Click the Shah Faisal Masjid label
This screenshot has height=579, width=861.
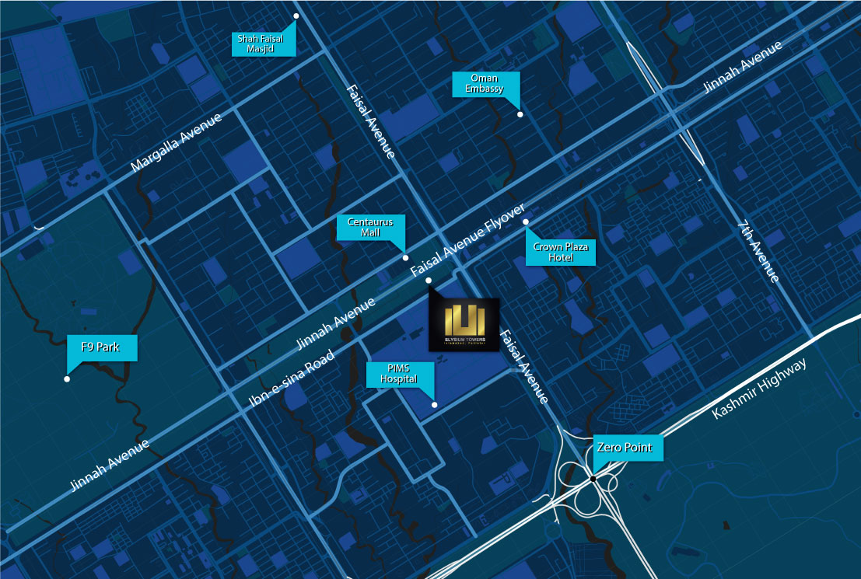(264, 44)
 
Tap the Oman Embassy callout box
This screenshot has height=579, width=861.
(486, 83)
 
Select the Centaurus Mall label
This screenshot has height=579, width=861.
(371, 227)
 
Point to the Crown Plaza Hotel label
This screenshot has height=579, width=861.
(561, 252)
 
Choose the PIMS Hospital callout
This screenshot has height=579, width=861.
(399, 374)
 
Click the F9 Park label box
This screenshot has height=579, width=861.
(103, 347)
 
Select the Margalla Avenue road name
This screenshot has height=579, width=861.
(176, 142)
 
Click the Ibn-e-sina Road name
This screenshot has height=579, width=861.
(292, 378)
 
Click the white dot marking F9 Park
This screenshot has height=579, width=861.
(67, 379)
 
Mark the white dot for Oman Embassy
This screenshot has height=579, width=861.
(520, 114)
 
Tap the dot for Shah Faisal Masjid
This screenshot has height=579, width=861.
(296, 16)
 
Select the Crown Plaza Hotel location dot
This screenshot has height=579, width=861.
(526, 222)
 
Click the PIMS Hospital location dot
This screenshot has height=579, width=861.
(435, 404)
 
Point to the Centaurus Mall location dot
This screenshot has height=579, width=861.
(404, 257)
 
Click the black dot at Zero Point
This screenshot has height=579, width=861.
(593, 478)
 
